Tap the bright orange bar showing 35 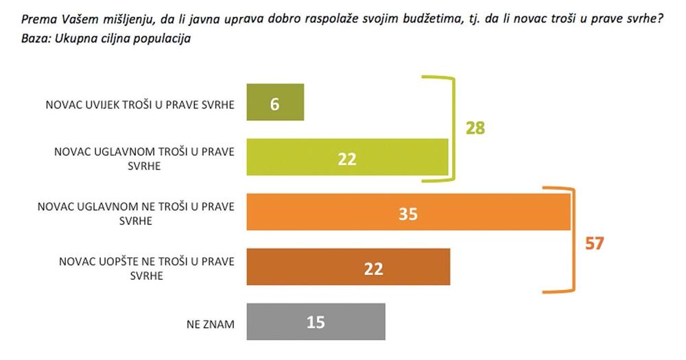point(408,213)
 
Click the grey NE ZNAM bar point(316,322)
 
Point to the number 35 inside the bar point(408,214)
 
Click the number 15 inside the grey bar point(315,322)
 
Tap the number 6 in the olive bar point(274,105)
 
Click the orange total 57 point(594,243)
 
